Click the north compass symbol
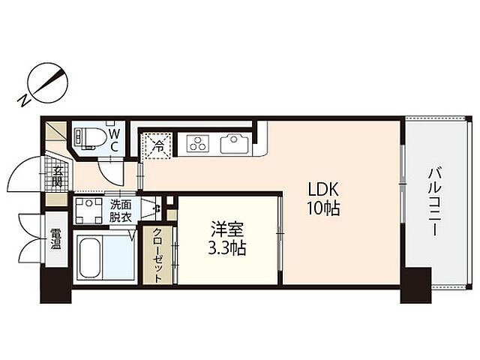click(47, 83)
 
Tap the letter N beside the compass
click(23, 100)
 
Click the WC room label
click(114, 140)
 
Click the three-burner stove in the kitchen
click(197, 143)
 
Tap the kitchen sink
click(234, 143)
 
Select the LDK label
click(323, 190)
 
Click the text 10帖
click(323, 208)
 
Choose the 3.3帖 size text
click(226, 248)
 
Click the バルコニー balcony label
click(434, 202)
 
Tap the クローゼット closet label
click(157, 255)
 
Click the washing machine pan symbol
click(88, 211)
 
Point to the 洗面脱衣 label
click(121, 211)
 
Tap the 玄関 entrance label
click(57, 176)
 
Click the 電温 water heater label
click(55, 238)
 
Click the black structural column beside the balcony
click(415, 285)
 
